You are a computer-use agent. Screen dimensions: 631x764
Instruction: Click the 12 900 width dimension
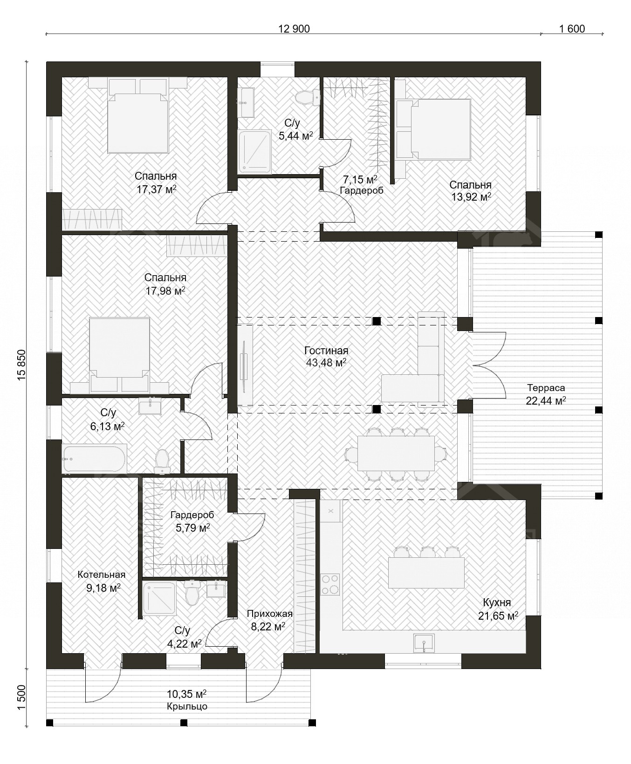(x=294, y=29)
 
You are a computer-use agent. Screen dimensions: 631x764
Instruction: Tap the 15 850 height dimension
(x=21, y=365)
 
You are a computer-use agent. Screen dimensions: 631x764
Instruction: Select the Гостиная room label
(x=326, y=351)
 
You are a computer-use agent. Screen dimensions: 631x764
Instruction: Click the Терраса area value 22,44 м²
(x=546, y=400)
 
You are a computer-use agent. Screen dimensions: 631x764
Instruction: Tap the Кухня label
(x=497, y=602)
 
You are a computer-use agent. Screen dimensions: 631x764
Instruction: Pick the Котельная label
(x=102, y=575)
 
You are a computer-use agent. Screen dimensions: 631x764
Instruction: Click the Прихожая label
(x=270, y=614)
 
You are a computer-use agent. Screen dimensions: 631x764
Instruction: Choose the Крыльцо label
(x=187, y=706)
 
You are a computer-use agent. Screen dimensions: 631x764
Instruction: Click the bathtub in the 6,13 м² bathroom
(x=94, y=459)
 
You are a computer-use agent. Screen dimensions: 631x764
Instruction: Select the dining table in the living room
(x=396, y=453)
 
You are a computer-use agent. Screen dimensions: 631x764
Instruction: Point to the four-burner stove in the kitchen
(x=330, y=584)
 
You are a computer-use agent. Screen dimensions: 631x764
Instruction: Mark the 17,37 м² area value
(x=156, y=189)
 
